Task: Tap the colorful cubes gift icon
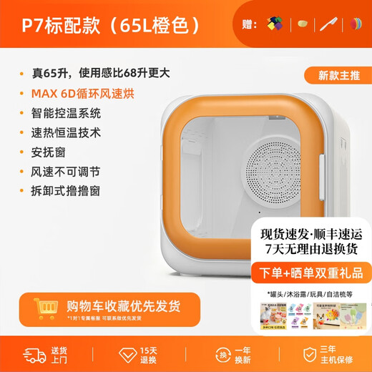[x=275, y=23]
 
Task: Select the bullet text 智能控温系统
[x=67, y=113]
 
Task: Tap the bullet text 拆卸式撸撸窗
[x=67, y=192]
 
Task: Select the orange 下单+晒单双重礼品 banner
[x=311, y=273]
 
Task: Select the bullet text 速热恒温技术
[x=67, y=132]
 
